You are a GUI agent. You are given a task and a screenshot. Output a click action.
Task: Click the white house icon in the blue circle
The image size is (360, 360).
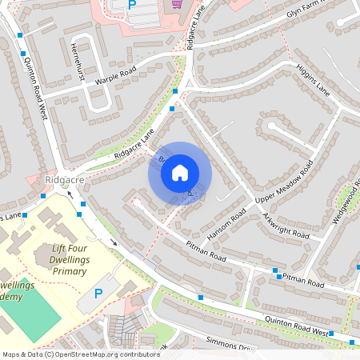tap(180, 173)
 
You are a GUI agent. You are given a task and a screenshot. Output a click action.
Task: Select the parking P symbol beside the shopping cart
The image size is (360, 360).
tap(132, 6)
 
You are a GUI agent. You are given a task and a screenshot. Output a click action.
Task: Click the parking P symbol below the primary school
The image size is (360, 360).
tap(99, 294)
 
